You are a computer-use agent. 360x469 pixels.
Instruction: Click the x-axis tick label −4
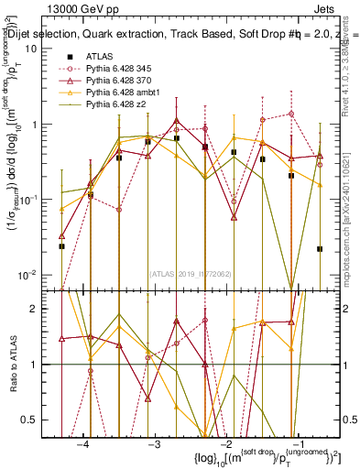(83, 443)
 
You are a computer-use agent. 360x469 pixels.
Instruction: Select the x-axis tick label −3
(154, 443)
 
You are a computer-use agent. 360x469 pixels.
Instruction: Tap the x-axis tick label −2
(224, 443)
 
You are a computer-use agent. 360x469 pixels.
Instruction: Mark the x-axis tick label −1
(295, 443)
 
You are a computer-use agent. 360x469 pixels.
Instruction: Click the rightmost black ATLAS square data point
(320, 248)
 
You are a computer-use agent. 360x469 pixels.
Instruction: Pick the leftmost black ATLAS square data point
(61, 246)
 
